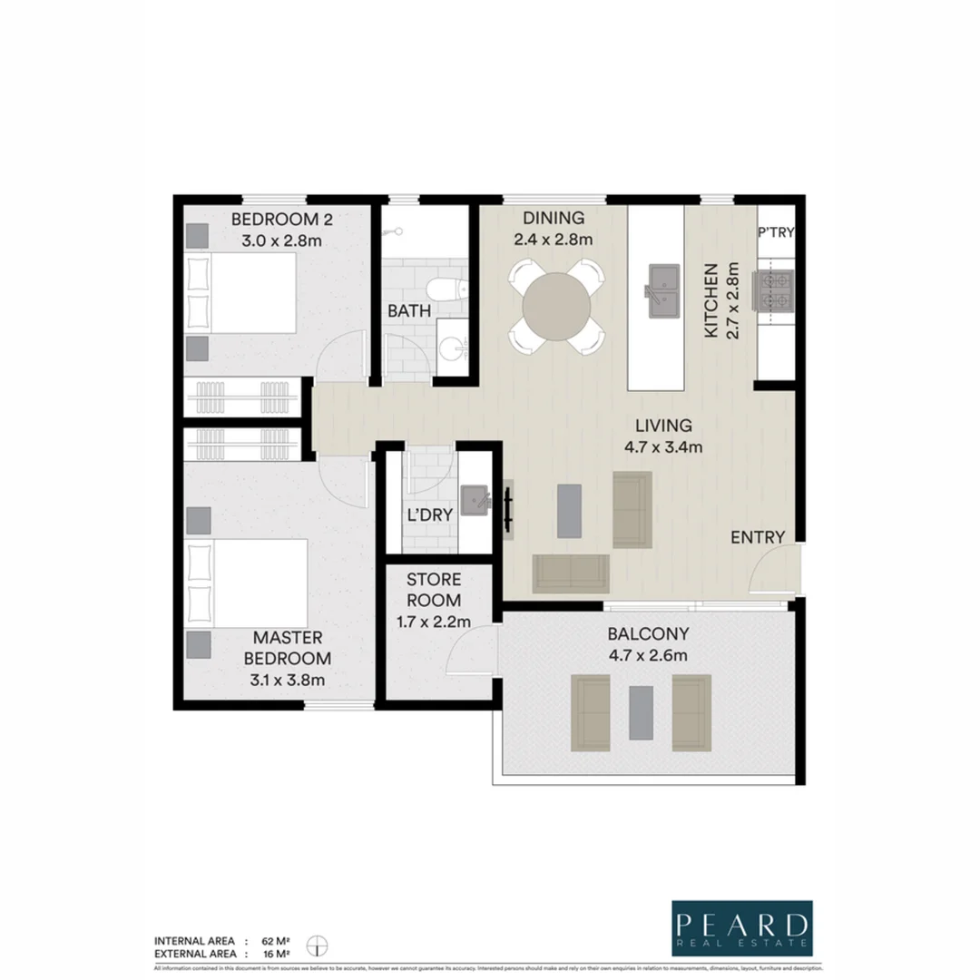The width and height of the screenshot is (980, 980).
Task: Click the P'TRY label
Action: pos(776,232)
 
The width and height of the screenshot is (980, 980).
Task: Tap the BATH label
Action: pos(409,311)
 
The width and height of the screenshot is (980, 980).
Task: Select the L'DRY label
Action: pos(429,514)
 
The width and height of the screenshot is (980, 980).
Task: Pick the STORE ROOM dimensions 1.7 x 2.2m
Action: pos(434,622)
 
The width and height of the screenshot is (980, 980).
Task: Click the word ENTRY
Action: pos(758,537)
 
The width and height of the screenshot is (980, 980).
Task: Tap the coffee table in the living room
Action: pos(569,510)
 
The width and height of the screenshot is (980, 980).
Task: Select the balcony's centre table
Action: pos(642,712)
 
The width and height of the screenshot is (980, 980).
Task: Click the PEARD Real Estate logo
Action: pos(741,928)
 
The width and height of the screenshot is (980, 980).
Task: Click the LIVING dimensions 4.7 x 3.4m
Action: pos(663,446)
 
